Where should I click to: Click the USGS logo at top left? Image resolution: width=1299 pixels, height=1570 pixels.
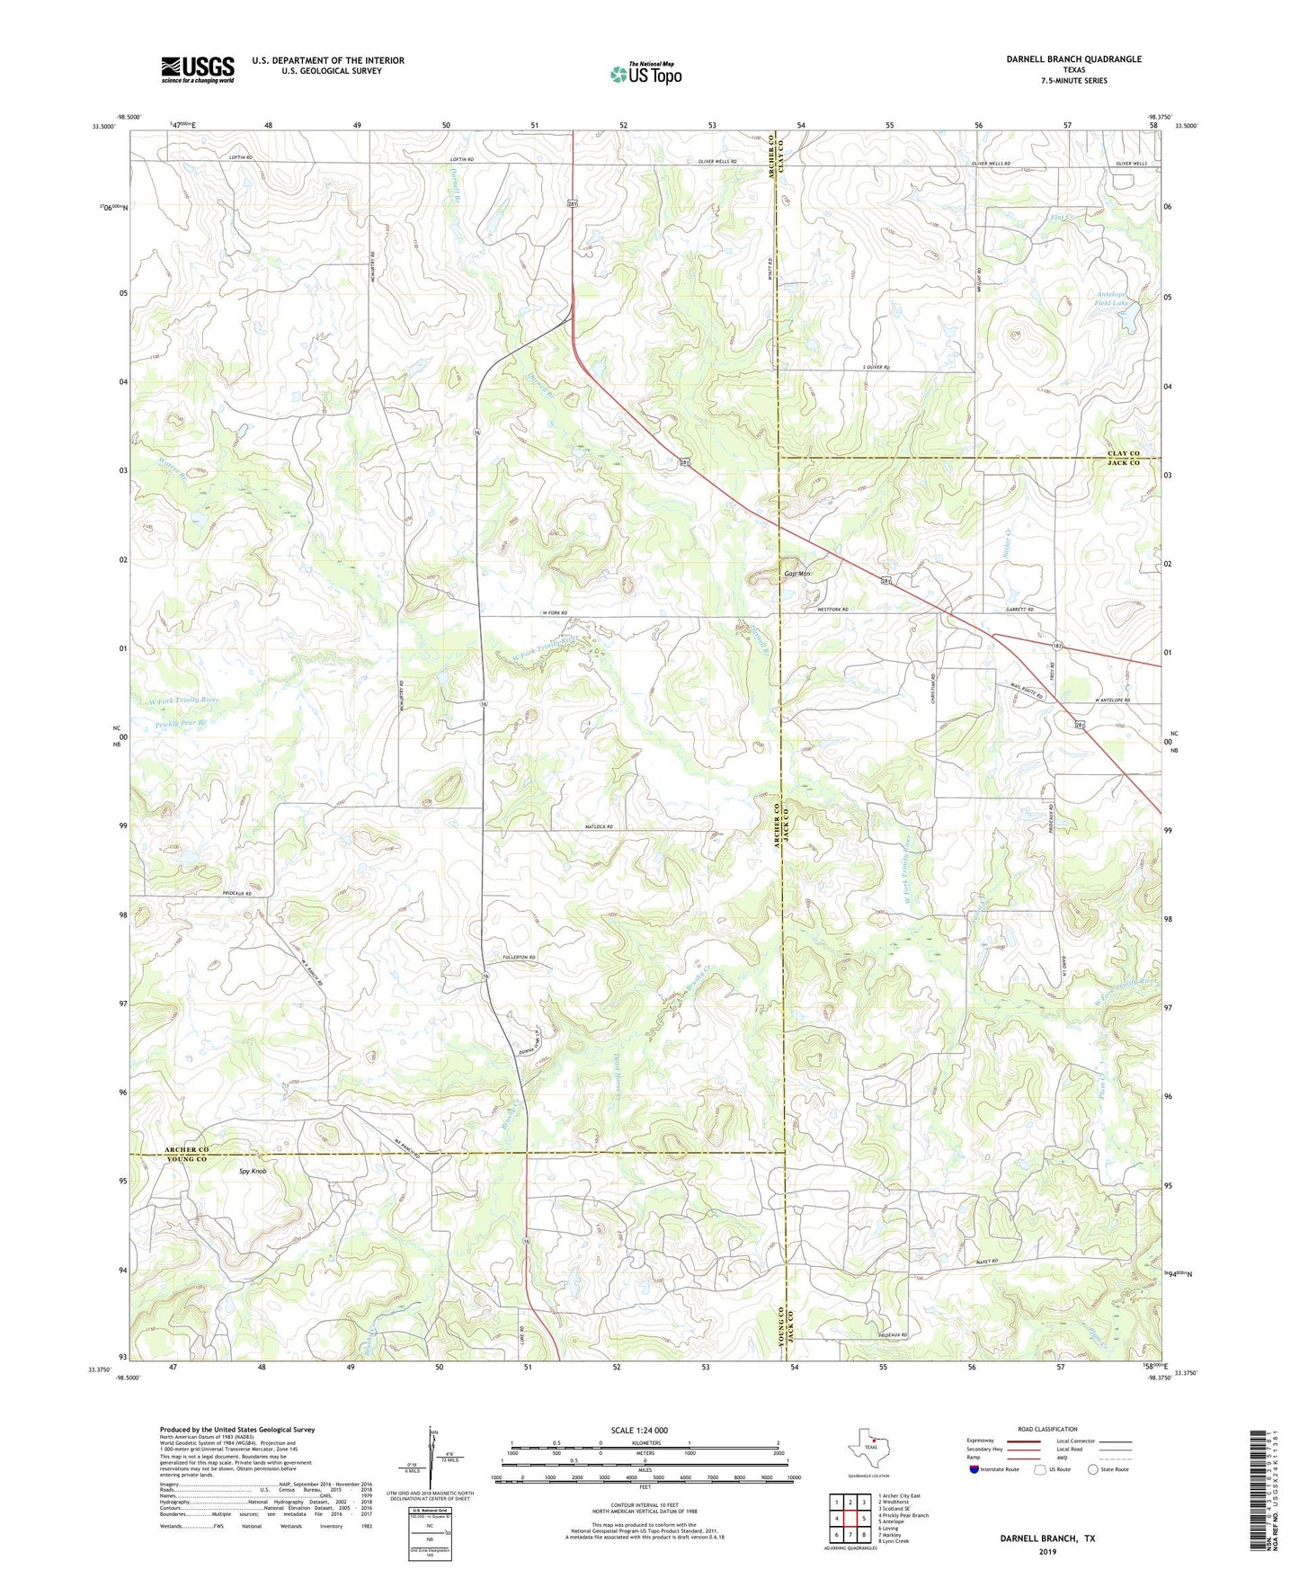click(198, 69)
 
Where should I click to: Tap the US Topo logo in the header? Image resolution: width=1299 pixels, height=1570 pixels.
click(645, 74)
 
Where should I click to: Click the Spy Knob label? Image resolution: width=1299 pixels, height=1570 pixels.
click(253, 1172)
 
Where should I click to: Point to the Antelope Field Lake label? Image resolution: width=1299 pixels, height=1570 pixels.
click(1112, 299)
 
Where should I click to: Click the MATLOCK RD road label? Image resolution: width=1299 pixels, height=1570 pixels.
click(598, 826)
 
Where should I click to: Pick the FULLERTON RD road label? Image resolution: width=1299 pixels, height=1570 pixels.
click(519, 958)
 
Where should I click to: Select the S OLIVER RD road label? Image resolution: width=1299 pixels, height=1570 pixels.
click(876, 368)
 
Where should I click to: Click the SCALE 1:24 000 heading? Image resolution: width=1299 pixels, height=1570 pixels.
click(639, 1430)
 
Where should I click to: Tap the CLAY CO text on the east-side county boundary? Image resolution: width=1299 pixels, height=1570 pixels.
click(1123, 453)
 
